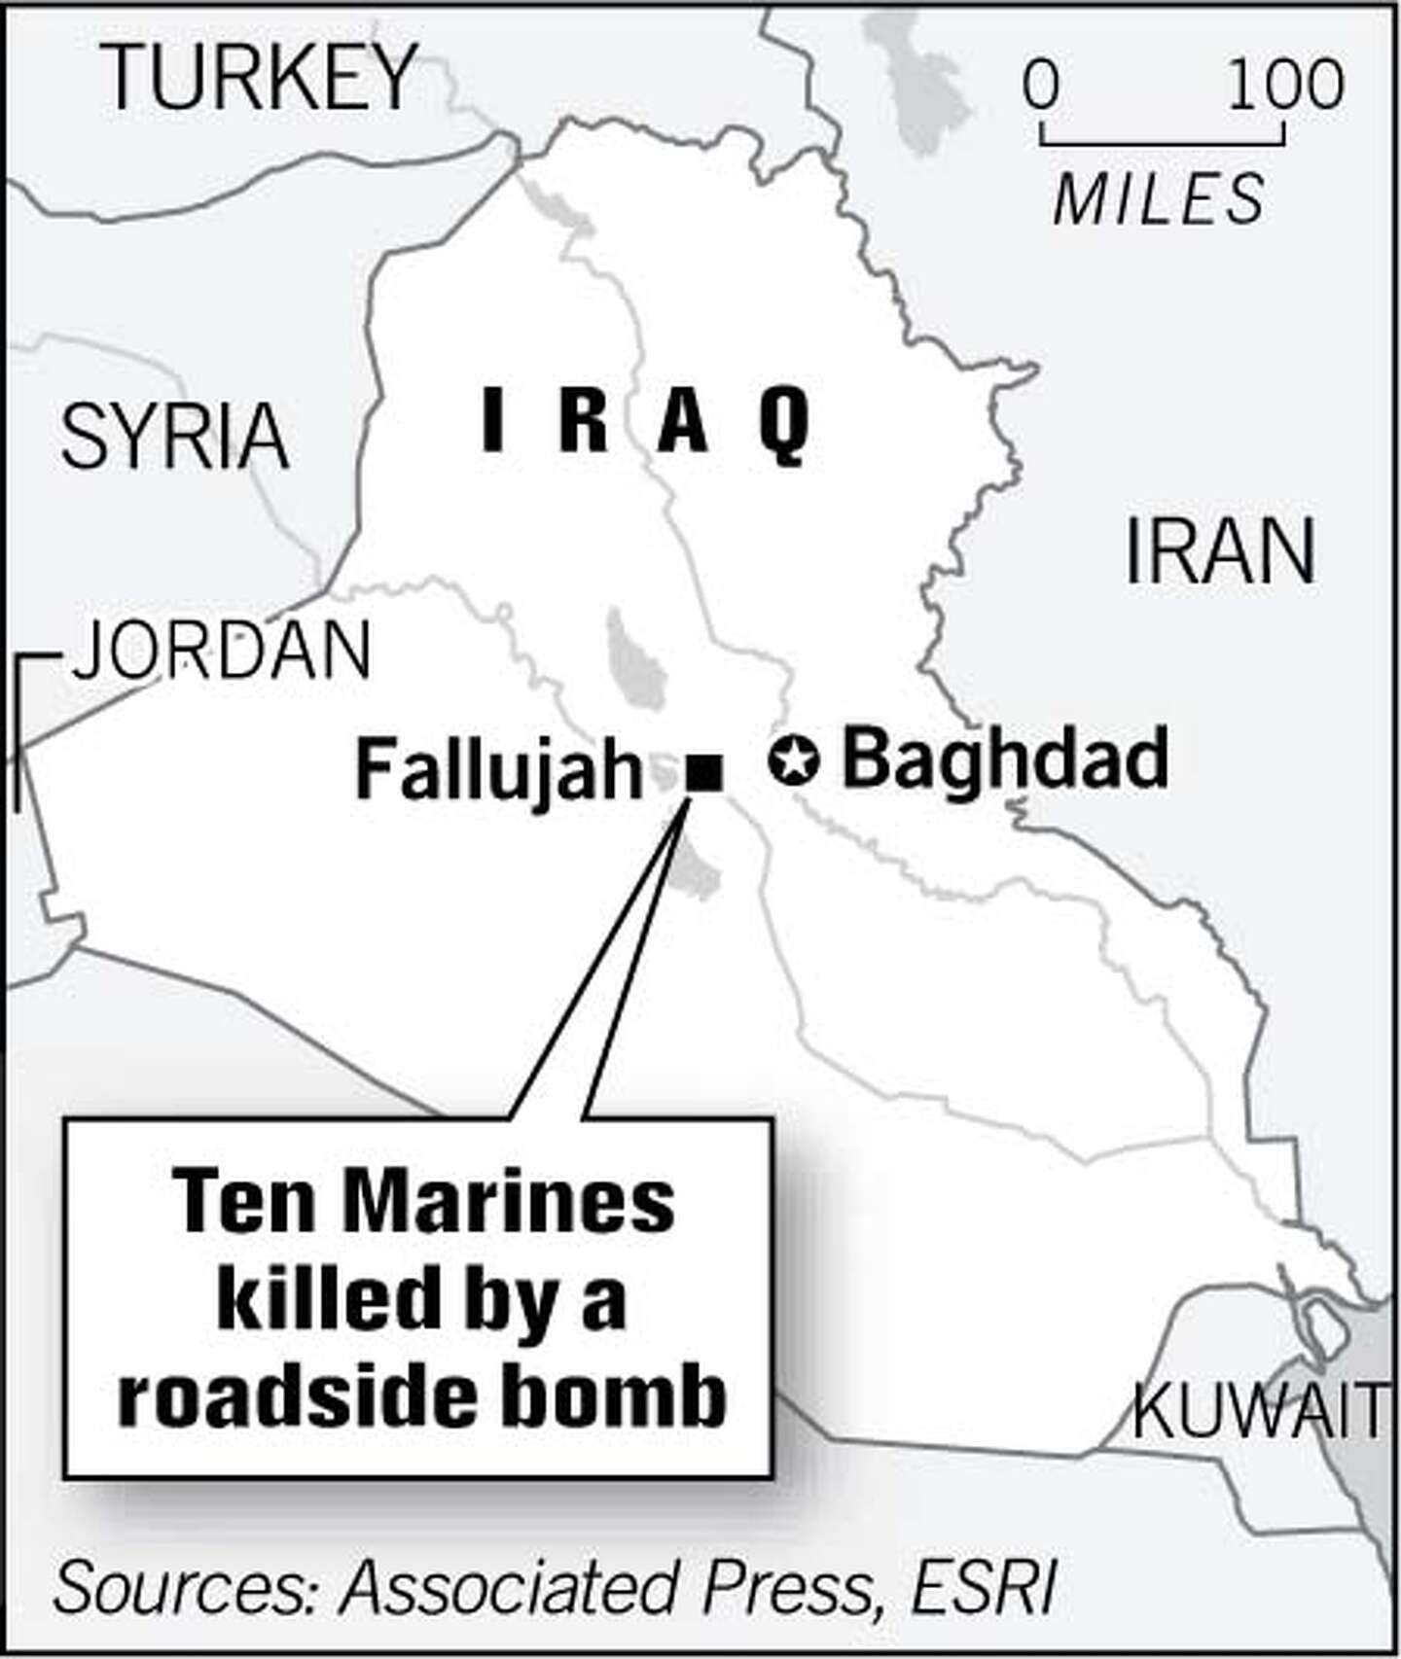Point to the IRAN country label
(x=1220, y=551)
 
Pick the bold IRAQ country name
(x=645, y=422)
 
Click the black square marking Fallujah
(x=704, y=773)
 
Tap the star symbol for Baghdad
(x=793, y=760)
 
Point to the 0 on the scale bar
(x=1040, y=85)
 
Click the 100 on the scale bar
(x=1285, y=85)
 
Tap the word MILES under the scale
(x=1159, y=199)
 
